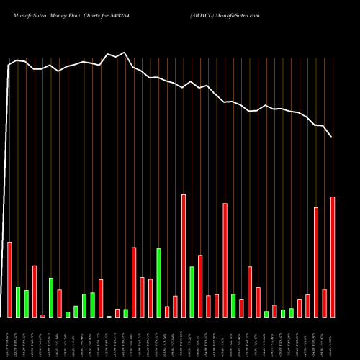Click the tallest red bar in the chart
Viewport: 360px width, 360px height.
[x=184, y=256]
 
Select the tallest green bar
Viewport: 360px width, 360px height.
[x=158, y=282]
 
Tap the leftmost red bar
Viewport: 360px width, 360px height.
[x=10, y=279]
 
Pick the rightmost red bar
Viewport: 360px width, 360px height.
[x=333, y=256]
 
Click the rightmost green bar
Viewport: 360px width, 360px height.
[x=291, y=312]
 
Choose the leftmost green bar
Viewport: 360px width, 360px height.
[x=18, y=302]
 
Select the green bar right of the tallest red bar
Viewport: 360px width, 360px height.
[x=192, y=292]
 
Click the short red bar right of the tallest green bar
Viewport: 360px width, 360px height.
[x=167, y=311]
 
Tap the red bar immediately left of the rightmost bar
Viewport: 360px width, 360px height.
[x=324, y=302]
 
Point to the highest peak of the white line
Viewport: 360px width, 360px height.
[x=125, y=53]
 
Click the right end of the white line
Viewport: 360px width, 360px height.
[x=332, y=136]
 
